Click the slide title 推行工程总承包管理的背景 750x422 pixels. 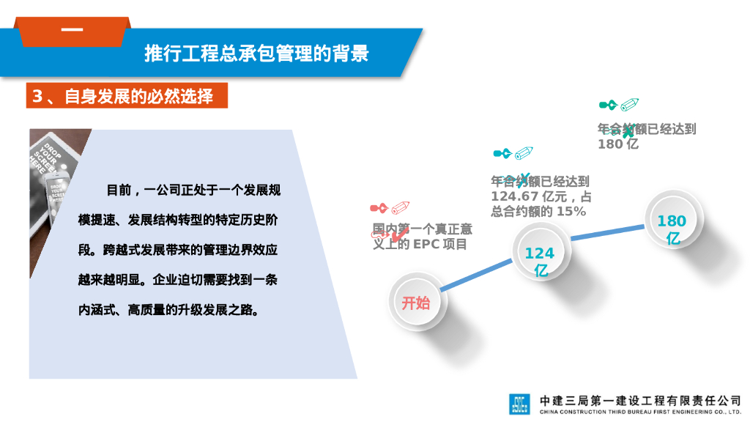(256, 53)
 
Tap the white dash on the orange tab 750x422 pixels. (72, 31)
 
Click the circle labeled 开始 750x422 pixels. (415, 302)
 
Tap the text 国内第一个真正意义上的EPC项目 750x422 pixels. (423, 237)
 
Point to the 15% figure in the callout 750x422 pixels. (571, 212)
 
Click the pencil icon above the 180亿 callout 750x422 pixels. (629, 105)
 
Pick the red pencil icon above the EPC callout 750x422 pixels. (400, 208)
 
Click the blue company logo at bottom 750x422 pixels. (519, 404)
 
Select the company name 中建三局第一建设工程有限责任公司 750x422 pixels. (639, 401)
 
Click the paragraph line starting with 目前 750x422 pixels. (193, 190)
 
